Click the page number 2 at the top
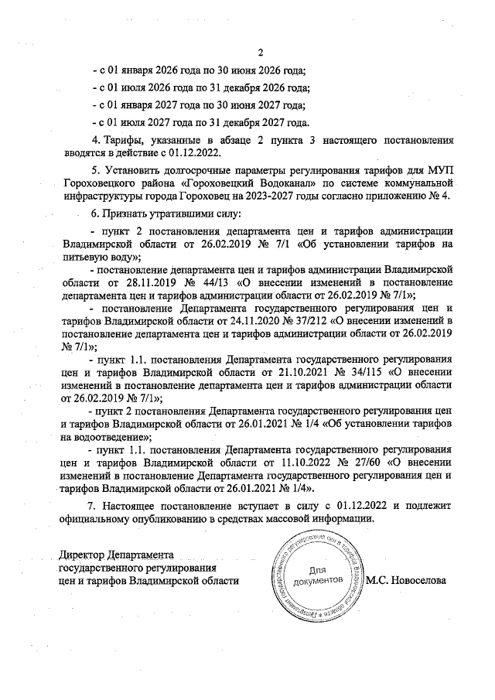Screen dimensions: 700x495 pyautogui.click(x=260, y=53)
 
